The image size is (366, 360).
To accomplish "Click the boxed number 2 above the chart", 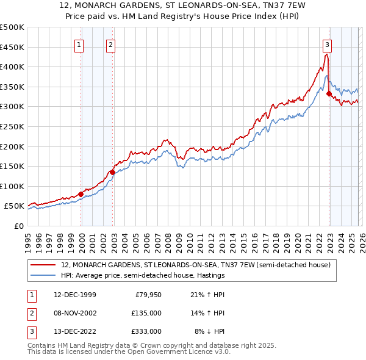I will [x=110, y=44].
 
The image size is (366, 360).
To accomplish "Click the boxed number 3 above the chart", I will [x=328, y=44].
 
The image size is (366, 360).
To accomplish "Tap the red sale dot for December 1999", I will [x=81, y=194].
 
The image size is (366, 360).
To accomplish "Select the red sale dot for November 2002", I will [x=112, y=172].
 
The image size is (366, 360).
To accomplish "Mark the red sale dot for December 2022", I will [x=329, y=94].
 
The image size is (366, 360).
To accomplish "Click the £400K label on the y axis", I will [x=12, y=67].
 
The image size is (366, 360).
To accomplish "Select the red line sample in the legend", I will [x=44, y=265].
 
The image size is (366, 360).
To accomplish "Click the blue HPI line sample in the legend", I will [x=44, y=275].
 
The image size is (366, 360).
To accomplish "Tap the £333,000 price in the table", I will [x=146, y=331].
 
